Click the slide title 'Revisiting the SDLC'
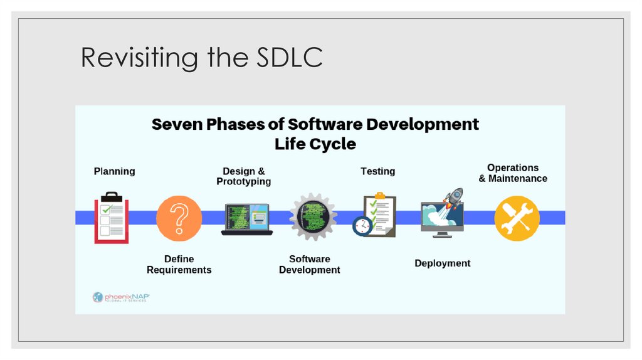(x=201, y=58)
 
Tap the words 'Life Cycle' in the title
(x=315, y=144)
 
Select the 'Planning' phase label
(x=114, y=171)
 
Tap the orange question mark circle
(x=179, y=218)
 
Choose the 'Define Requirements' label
(x=179, y=264)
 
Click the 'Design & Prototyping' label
(x=244, y=176)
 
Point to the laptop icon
(x=247, y=220)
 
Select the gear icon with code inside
(x=313, y=217)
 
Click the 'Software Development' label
(x=309, y=264)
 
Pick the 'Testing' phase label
(x=377, y=171)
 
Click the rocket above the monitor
(x=453, y=198)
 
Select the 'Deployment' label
(x=442, y=263)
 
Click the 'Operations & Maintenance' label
(x=513, y=173)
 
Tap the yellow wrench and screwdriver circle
(x=517, y=218)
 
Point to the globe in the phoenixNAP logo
(x=98, y=297)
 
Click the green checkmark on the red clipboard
(x=107, y=209)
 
